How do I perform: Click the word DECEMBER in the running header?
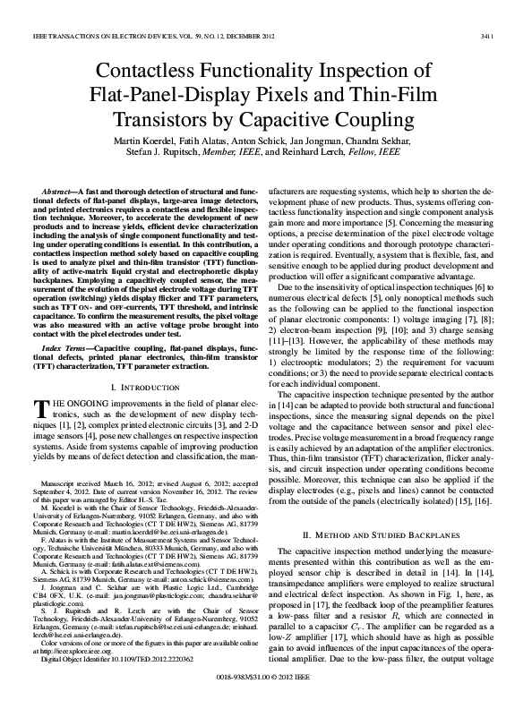click(239, 11)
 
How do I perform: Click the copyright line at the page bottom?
click(265, 699)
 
